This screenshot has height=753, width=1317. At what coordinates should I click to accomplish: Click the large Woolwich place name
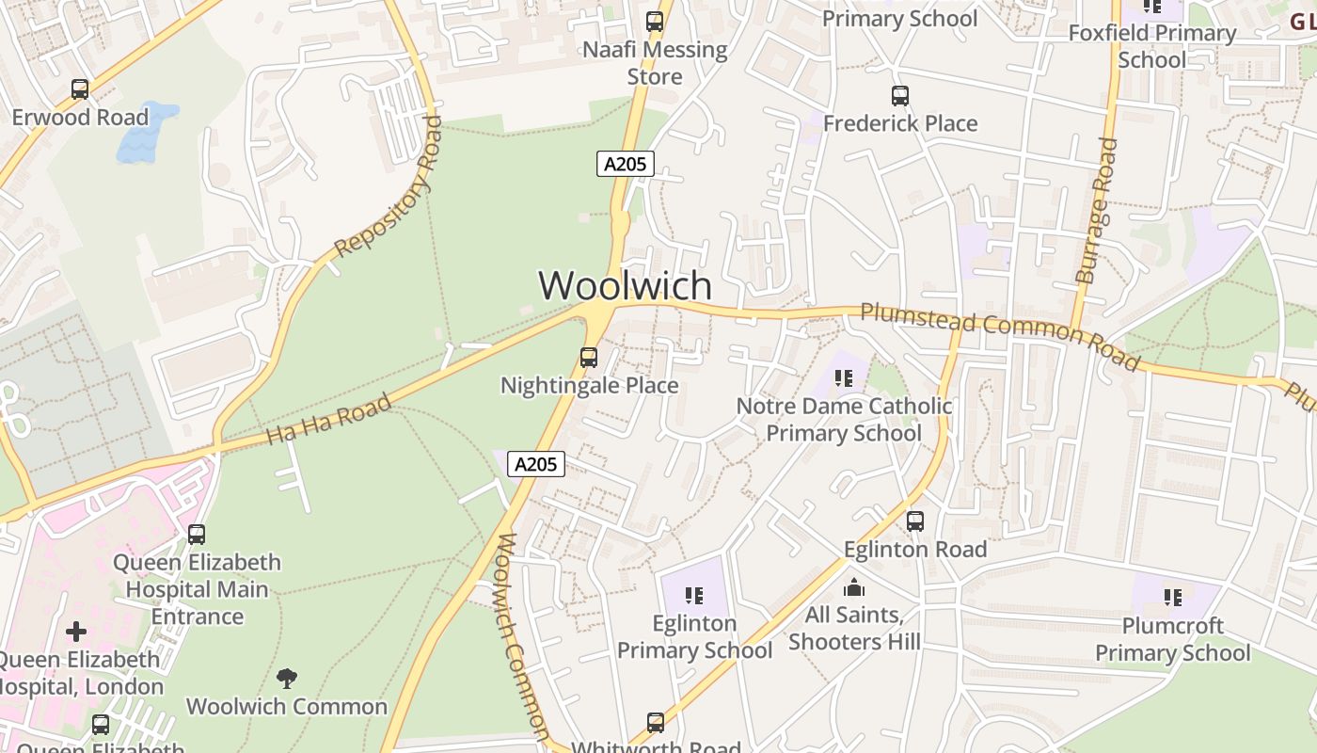(625, 285)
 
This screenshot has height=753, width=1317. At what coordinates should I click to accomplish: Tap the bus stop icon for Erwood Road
(80, 90)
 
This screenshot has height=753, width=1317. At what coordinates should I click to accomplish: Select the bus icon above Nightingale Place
(589, 358)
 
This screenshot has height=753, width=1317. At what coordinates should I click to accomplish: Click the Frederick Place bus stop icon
(900, 96)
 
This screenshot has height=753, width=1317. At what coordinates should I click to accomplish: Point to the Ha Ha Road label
(328, 420)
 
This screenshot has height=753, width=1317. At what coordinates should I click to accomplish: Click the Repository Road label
(389, 186)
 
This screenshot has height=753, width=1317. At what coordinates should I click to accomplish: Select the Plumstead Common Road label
(1000, 335)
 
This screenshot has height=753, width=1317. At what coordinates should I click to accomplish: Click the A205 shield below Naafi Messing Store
(626, 164)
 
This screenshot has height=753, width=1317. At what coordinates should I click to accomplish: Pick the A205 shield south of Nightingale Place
(536, 464)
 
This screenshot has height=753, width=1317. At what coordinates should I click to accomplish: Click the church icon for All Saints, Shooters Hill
(854, 587)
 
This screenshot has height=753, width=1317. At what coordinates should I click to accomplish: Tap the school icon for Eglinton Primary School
(694, 595)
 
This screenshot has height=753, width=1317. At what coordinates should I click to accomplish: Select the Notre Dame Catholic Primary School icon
(844, 378)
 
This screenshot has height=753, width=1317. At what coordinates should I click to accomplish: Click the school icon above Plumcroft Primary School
(1172, 597)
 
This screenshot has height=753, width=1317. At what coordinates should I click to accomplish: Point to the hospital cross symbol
(76, 631)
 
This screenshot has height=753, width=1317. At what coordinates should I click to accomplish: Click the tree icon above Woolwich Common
(287, 678)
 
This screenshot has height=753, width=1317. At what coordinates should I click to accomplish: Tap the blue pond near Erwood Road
(146, 132)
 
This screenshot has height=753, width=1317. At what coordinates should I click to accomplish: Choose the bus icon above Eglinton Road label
(915, 521)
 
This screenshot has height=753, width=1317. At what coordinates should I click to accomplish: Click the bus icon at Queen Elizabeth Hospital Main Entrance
(197, 535)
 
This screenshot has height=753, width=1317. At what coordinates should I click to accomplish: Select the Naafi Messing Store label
(655, 62)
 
